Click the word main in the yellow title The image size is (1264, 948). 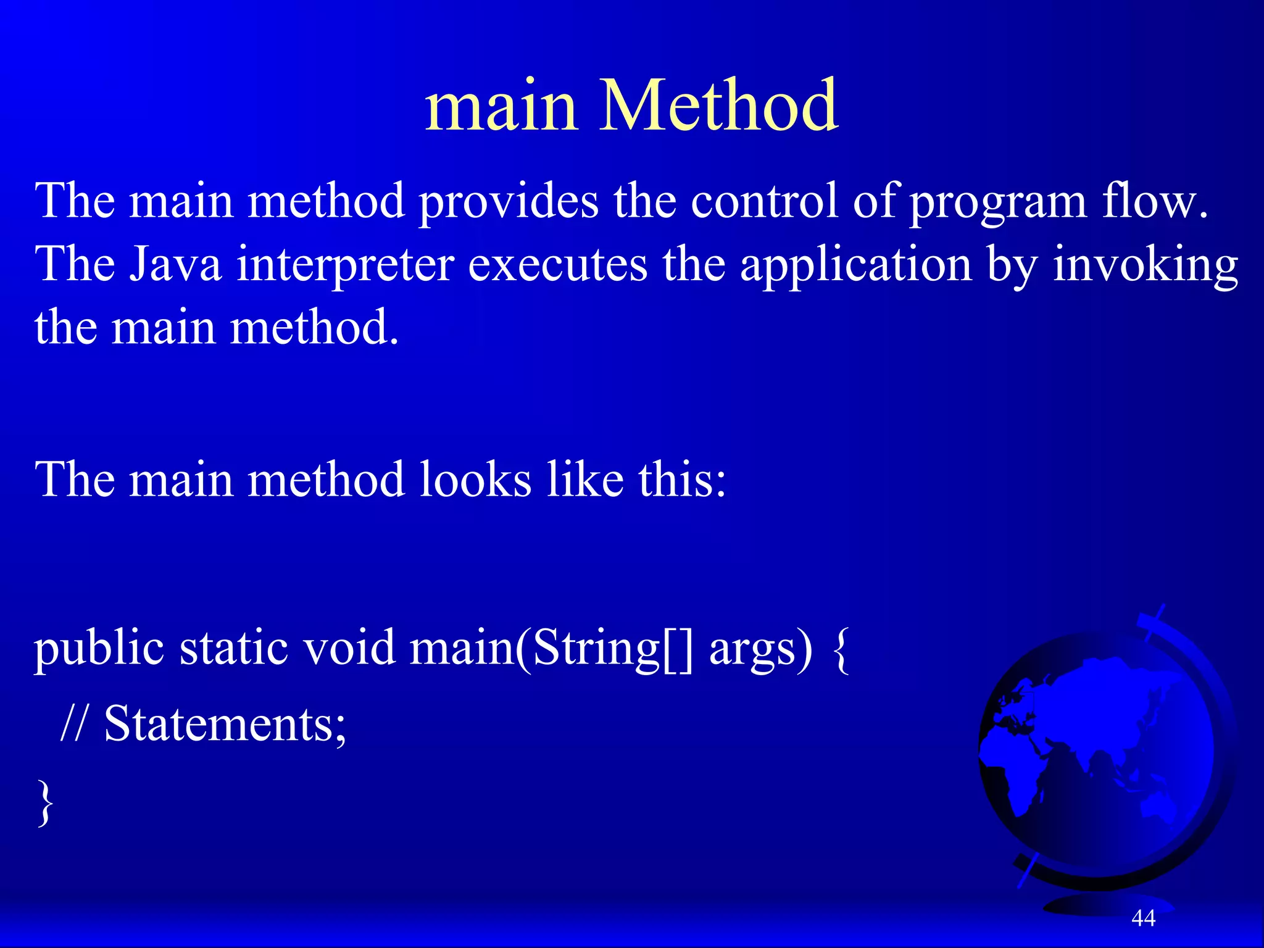(501, 106)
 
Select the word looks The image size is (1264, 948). (475, 480)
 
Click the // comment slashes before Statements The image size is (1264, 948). (75, 723)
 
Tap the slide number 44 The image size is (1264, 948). (1143, 918)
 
